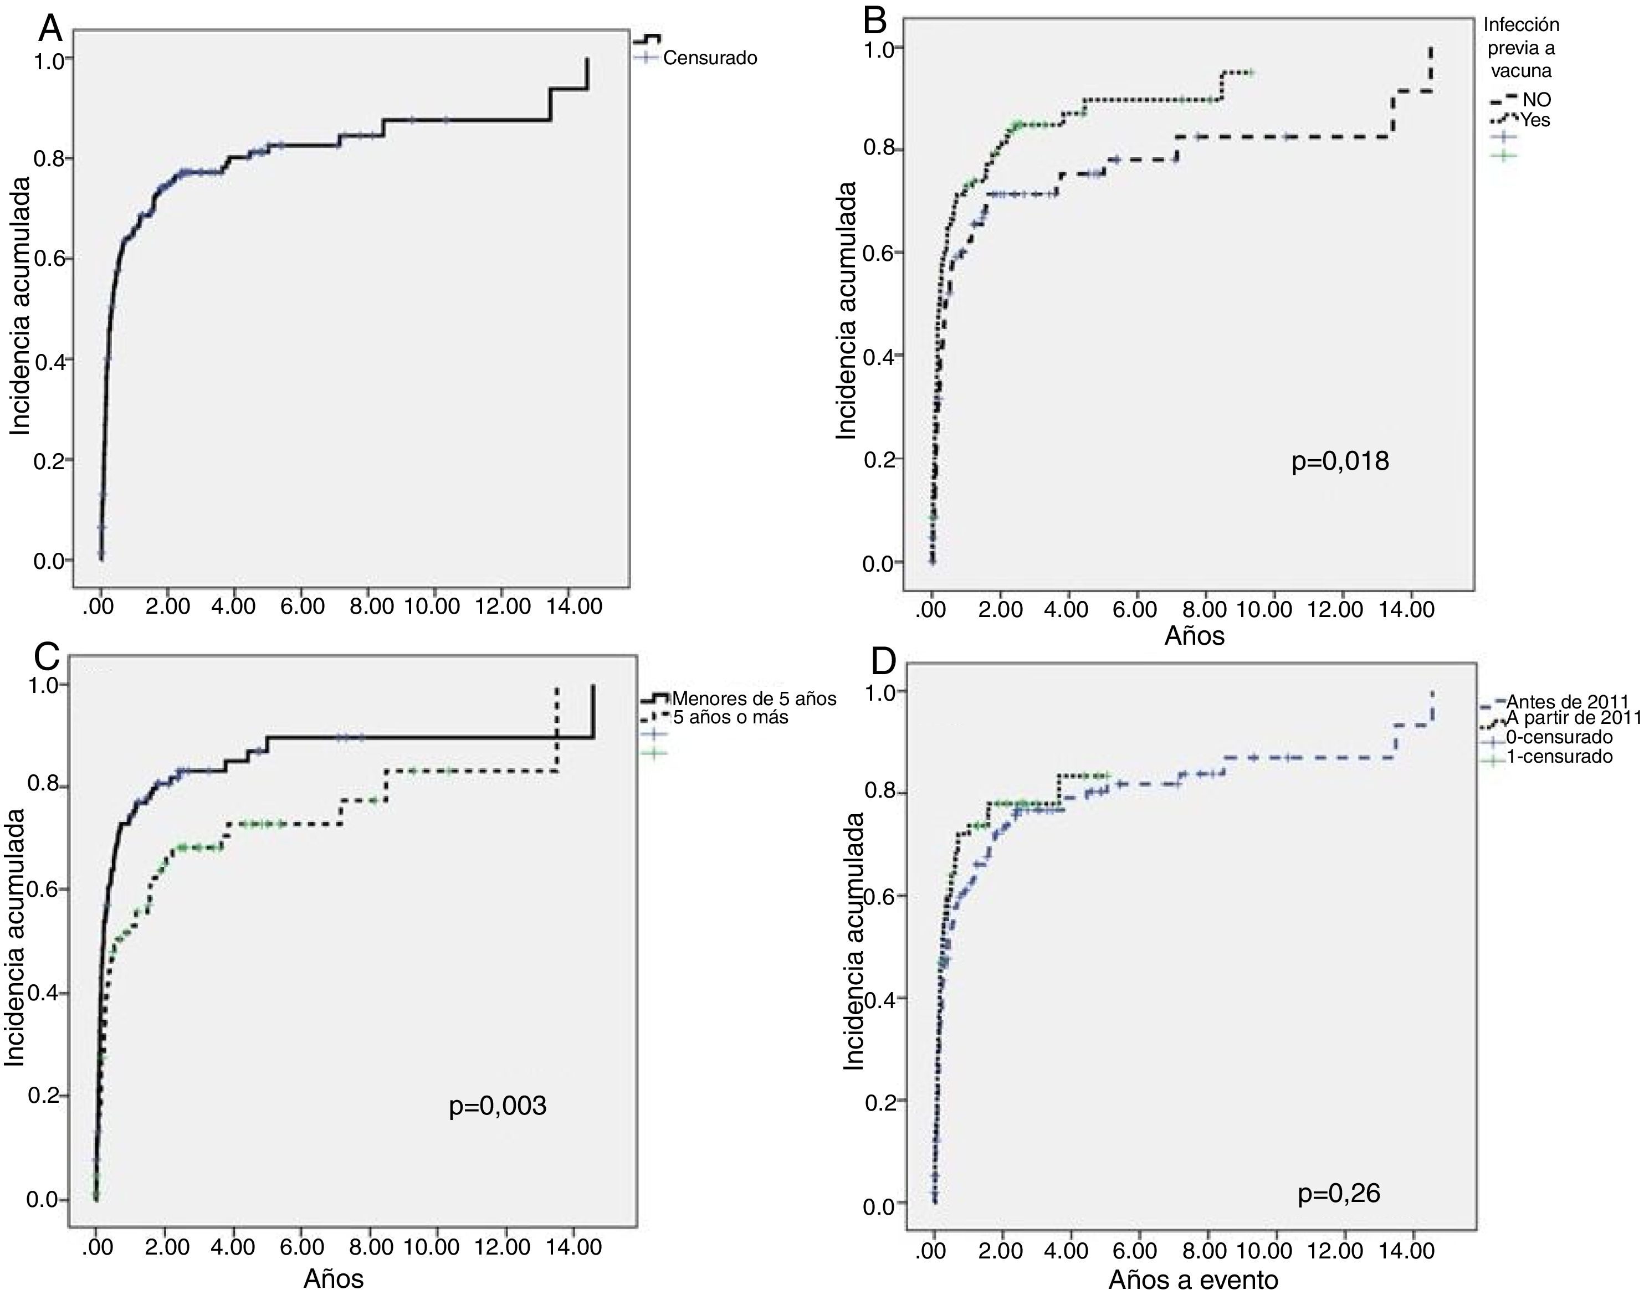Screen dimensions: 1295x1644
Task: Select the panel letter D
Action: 883,661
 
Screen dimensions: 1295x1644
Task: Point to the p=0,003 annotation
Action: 498,1106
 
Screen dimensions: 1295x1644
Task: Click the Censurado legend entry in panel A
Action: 709,58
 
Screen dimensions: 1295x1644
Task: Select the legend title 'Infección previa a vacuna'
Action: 1520,48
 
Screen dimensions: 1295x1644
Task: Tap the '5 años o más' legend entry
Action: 730,717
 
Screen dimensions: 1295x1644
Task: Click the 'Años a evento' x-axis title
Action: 1193,1280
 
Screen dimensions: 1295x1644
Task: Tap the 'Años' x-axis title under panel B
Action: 1194,636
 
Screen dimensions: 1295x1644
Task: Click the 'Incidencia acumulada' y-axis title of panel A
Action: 21,306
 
